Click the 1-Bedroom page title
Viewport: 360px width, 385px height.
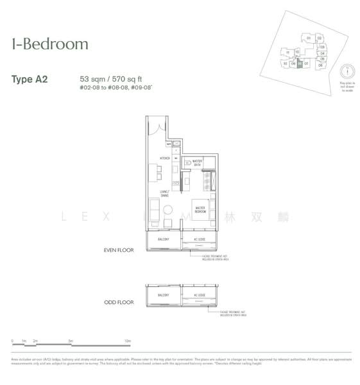pyautogui.click(x=50, y=44)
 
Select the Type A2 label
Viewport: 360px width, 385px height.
pyautogui.click(x=30, y=80)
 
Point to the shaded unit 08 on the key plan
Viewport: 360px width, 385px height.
pyautogui.click(x=299, y=64)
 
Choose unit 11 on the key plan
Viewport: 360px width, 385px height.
pyautogui.click(x=289, y=53)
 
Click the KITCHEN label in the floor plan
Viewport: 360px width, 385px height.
pyautogui.click(x=155, y=158)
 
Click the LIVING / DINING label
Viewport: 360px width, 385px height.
pyautogui.click(x=165, y=196)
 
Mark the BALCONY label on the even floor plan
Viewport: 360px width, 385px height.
pyautogui.click(x=163, y=240)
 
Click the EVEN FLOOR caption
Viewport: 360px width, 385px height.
pyautogui.click(x=119, y=250)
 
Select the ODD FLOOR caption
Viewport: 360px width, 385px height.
pyautogui.click(x=119, y=302)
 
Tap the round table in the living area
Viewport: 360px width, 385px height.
pyautogui.click(x=167, y=209)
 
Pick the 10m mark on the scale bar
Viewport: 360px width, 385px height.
pyautogui.click(x=128, y=341)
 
